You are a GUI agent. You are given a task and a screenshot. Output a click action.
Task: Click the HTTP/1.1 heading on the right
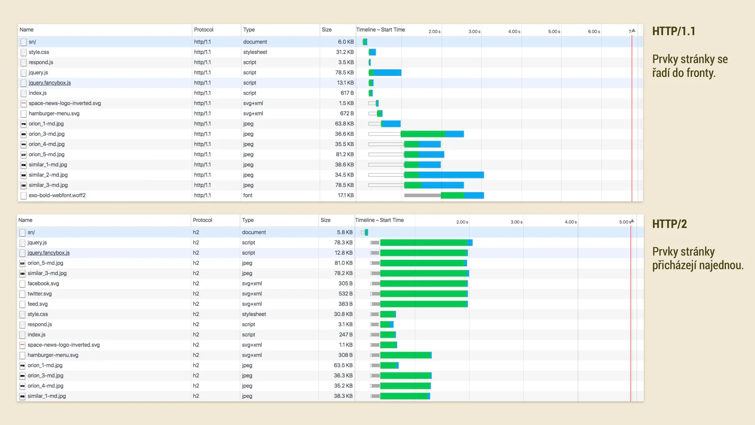click(x=673, y=32)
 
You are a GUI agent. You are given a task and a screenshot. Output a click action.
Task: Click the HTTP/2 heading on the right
click(x=669, y=224)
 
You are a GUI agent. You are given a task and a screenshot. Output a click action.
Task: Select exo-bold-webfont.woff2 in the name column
click(x=57, y=195)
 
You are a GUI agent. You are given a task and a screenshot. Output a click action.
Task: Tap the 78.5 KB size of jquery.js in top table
click(x=344, y=73)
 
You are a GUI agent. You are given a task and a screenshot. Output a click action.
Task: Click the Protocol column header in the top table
click(x=204, y=30)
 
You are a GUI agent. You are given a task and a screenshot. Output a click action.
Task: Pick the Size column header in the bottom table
click(x=326, y=220)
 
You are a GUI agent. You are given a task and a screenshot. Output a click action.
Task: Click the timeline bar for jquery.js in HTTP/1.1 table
click(x=386, y=73)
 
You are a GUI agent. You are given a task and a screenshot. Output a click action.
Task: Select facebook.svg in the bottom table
click(x=43, y=284)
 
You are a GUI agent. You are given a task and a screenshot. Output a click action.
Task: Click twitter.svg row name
click(x=40, y=294)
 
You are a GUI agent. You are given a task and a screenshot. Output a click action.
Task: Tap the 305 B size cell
click(x=345, y=284)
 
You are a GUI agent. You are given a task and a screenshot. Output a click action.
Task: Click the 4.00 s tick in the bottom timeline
click(x=570, y=222)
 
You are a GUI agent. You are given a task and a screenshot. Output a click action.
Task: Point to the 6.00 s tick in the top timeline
click(x=594, y=32)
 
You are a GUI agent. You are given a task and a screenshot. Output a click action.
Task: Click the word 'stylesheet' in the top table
click(x=255, y=52)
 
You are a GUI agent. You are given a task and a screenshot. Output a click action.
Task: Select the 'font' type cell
click(x=248, y=195)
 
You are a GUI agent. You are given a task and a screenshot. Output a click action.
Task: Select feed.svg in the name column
click(x=38, y=304)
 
